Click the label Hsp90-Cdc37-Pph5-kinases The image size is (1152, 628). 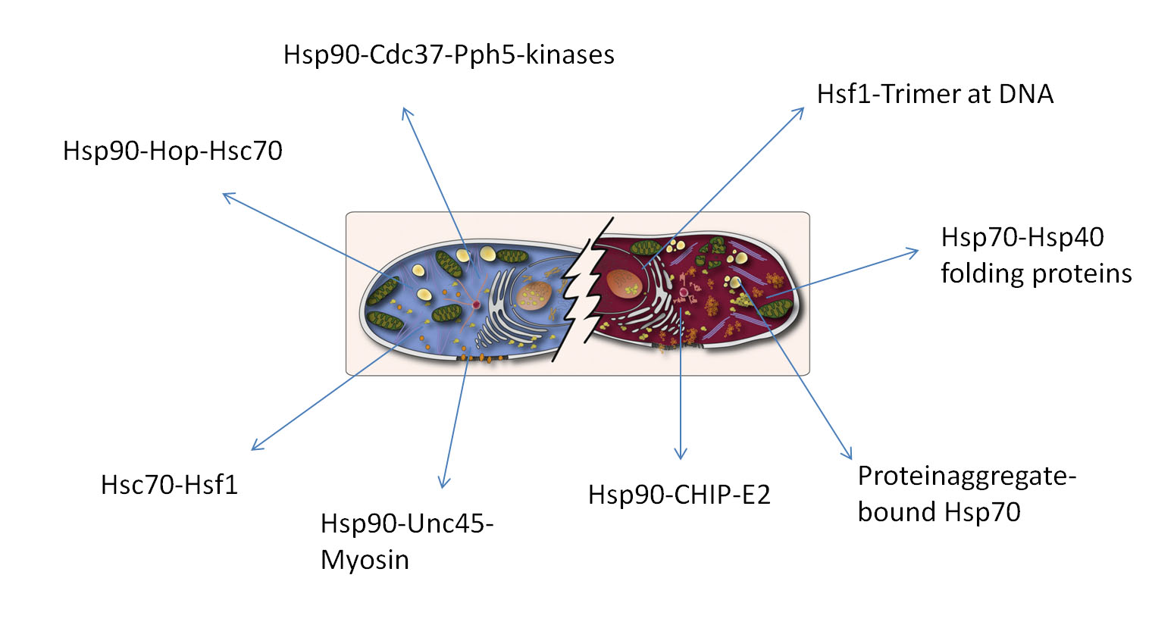point(449,55)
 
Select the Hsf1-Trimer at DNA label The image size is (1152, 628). point(935,94)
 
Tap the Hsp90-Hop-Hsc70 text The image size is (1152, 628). point(173,151)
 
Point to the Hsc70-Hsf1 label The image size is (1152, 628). point(169,485)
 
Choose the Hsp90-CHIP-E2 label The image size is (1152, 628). point(679,495)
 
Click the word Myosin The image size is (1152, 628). point(365,560)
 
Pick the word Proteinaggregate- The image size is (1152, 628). point(967,476)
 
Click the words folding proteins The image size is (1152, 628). point(1036,273)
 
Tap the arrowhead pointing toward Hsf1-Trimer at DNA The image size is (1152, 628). point(798,113)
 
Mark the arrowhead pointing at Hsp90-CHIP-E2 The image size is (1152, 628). point(681,454)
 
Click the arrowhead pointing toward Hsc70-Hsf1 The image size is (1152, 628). point(257,445)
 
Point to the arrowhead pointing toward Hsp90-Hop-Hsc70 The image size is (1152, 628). point(229,197)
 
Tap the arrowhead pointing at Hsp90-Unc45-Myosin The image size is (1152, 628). point(443,482)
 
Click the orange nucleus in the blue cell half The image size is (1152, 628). point(534,295)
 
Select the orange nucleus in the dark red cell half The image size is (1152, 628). point(625,283)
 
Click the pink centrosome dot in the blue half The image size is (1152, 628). point(476,305)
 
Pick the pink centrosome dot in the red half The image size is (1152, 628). point(684,293)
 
